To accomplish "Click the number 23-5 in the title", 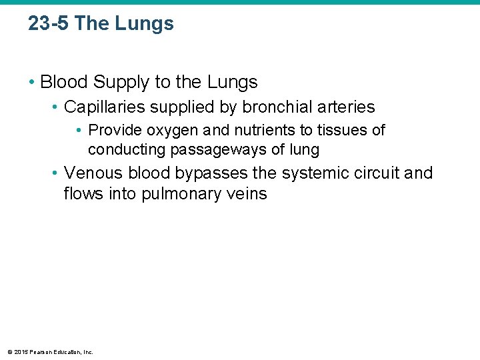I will (48, 24).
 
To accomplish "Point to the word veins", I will (247, 195).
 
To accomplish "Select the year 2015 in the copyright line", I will (20, 351).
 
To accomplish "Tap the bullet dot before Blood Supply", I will (32, 83).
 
